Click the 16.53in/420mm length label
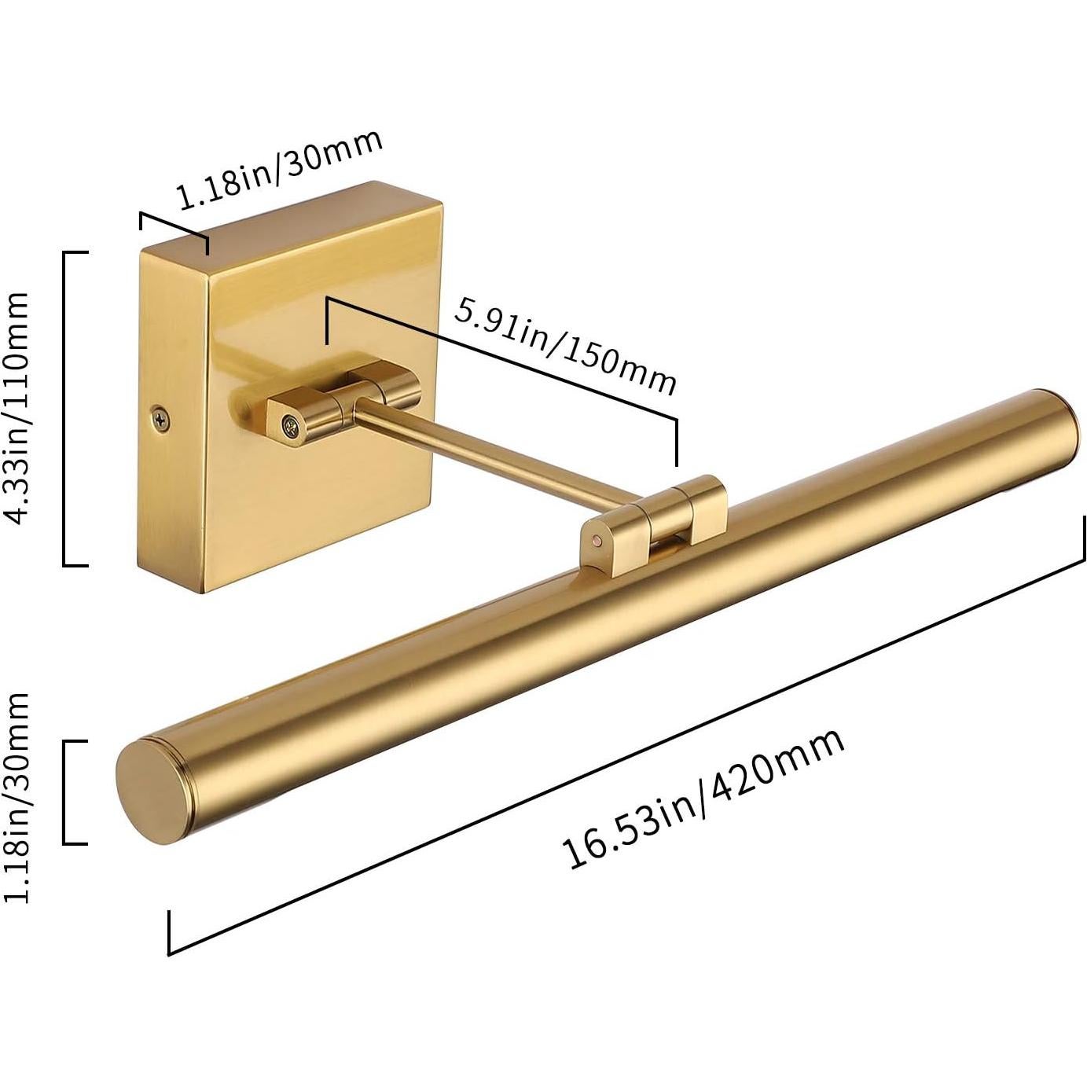(703, 799)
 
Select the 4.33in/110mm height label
(17, 406)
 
